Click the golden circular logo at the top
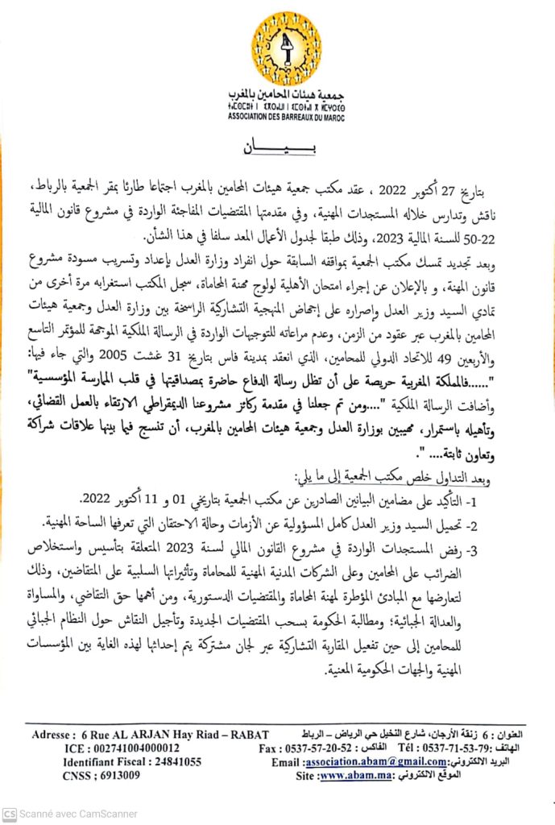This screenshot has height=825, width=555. click(285, 48)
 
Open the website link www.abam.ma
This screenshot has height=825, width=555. click(351, 776)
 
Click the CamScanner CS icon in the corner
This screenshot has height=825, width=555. click(10, 814)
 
